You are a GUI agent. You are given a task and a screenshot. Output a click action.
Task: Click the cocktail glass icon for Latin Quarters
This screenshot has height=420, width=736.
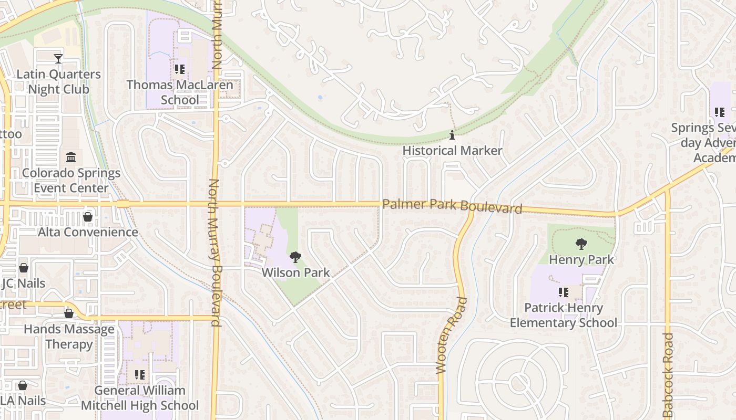(x=58, y=59)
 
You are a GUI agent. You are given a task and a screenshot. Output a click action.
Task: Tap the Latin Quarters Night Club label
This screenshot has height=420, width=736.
(x=58, y=82)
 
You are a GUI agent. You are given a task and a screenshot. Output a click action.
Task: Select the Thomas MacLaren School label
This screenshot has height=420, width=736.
(x=179, y=92)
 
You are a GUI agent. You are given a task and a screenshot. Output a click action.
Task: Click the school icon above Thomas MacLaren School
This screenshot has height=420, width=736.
(x=180, y=69)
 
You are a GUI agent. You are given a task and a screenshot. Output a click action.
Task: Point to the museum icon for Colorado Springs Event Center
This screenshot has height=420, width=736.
(x=71, y=157)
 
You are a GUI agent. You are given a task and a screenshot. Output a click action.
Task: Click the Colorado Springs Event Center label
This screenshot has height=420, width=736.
(x=71, y=181)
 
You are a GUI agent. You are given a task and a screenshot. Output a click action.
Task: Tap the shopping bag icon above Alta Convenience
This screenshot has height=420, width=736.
(x=88, y=217)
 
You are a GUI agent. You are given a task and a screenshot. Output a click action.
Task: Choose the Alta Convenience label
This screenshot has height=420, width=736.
(x=88, y=232)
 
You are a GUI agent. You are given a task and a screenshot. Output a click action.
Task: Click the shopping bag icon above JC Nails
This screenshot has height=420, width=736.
(x=24, y=268)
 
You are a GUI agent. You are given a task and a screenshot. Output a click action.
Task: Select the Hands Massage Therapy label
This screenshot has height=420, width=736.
(x=69, y=337)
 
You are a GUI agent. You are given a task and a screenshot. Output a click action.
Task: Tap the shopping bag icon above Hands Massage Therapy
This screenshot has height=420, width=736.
(x=69, y=314)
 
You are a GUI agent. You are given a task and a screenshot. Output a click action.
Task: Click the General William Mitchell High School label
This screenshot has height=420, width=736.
(x=140, y=398)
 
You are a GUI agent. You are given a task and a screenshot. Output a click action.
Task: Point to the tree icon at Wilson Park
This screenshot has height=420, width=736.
(x=295, y=257)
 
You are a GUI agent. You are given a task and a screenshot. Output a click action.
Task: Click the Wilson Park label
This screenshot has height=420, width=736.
(x=295, y=272)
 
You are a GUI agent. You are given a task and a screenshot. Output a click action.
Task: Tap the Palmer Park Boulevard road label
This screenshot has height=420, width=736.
(x=452, y=206)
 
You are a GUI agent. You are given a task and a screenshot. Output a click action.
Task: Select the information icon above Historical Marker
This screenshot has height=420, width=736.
(x=452, y=135)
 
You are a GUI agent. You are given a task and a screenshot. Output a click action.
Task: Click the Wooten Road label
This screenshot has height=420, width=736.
(x=444, y=336)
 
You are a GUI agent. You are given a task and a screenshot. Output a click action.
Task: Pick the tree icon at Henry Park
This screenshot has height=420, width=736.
(x=581, y=244)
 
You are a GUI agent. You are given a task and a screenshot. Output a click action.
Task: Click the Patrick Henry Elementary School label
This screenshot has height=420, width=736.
(x=564, y=315)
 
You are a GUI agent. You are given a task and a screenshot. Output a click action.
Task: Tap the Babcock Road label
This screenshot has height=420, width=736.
(x=668, y=375)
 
